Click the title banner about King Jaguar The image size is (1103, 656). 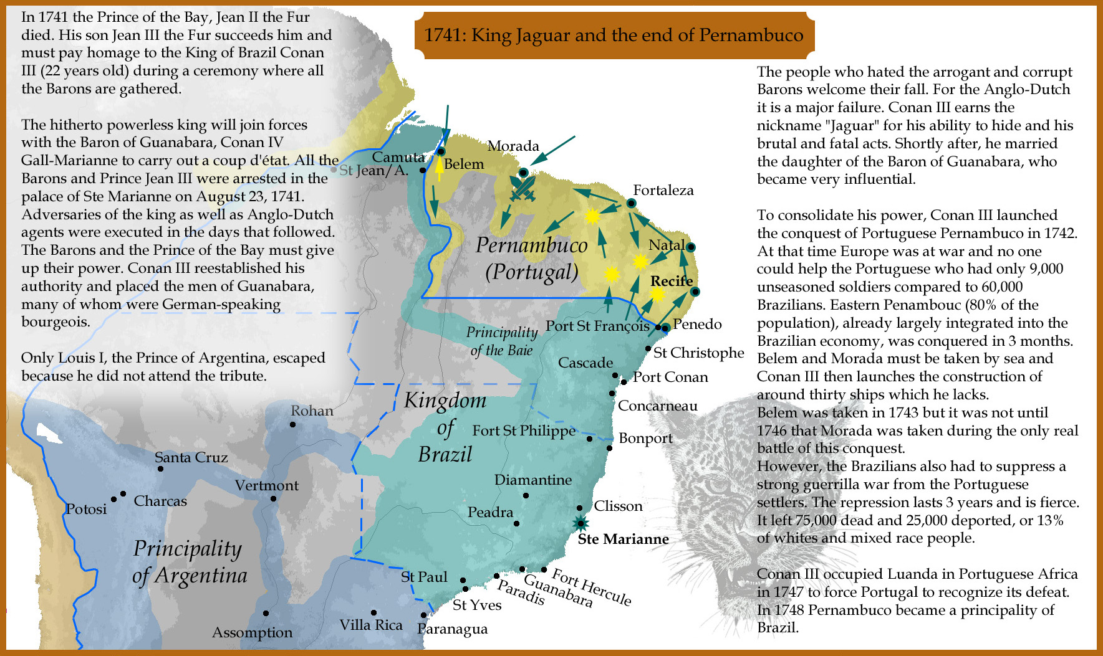(x=614, y=35)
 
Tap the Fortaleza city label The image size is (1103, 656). (x=663, y=190)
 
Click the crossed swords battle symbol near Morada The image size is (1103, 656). (x=523, y=188)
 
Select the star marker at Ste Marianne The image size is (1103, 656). (x=581, y=523)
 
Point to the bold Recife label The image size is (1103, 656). (x=672, y=281)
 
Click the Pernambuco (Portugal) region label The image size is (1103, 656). (x=532, y=258)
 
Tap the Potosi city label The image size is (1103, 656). (x=87, y=509)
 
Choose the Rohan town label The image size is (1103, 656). (x=312, y=411)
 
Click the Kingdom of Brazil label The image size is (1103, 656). (x=445, y=427)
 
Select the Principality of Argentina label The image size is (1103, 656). (x=190, y=561)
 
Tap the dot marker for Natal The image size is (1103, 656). (x=691, y=247)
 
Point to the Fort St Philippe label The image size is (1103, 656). (x=524, y=430)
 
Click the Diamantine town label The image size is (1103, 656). (x=532, y=480)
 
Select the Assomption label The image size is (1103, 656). (x=252, y=632)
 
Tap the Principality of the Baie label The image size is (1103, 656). (x=501, y=341)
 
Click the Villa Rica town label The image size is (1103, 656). (x=371, y=625)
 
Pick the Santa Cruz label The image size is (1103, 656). (x=191, y=457)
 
